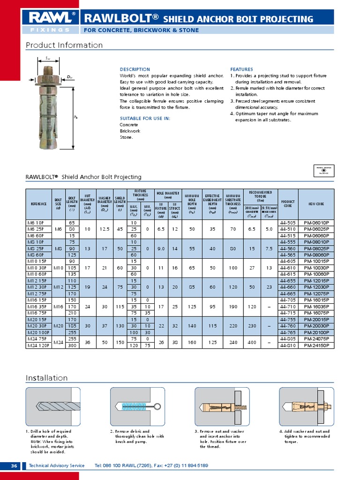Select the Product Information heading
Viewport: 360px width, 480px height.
[64, 45]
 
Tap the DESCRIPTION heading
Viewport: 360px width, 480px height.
[135, 69]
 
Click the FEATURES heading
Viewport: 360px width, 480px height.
[241, 69]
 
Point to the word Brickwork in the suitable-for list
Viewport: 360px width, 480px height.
[130, 131]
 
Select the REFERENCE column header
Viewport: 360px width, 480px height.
[39, 204]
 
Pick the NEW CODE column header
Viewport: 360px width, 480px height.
[313, 204]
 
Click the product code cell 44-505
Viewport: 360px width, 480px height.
[287, 223]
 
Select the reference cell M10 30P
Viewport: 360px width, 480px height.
[38, 267]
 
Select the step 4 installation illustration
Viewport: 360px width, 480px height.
[307, 406]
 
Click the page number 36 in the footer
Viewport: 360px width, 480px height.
[14, 465]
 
